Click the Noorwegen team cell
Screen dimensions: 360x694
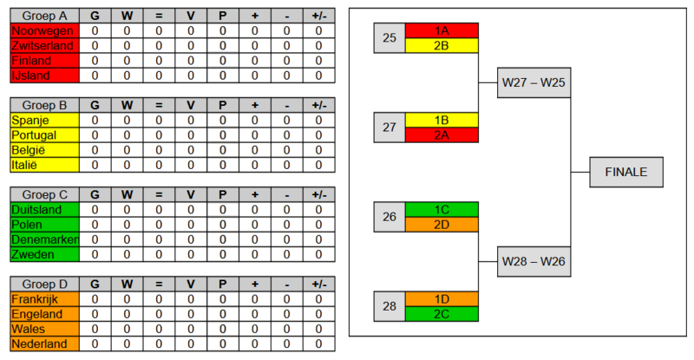tap(43, 30)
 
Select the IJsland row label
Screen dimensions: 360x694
tap(43, 75)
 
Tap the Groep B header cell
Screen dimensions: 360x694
tap(43, 105)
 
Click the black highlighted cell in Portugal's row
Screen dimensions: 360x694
tap(318, 135)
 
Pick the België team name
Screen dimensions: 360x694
tap(43, 150)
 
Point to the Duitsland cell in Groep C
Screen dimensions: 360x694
tap(43, 209)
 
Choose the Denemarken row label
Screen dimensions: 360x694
tap(43, 239)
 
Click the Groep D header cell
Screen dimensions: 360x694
tap(43, 284)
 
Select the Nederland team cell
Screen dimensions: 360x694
tap(43, 344)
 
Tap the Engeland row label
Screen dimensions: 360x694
tap(43, 314)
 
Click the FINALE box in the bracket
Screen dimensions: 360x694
tap(625, 172)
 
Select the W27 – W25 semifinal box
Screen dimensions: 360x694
tap(534, 83)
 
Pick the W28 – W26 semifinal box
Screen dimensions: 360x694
tap(534, 260)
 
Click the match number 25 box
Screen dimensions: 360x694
tap(389, 38)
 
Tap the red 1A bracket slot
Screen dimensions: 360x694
tap(442, 30)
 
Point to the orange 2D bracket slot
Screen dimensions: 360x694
tap(442, 224)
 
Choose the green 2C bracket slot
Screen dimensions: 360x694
tap(442, 313)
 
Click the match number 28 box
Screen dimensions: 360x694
tap(389, 305)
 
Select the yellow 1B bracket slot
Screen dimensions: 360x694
tap(442, 120)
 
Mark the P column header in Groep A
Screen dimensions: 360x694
tap(222, 16)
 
